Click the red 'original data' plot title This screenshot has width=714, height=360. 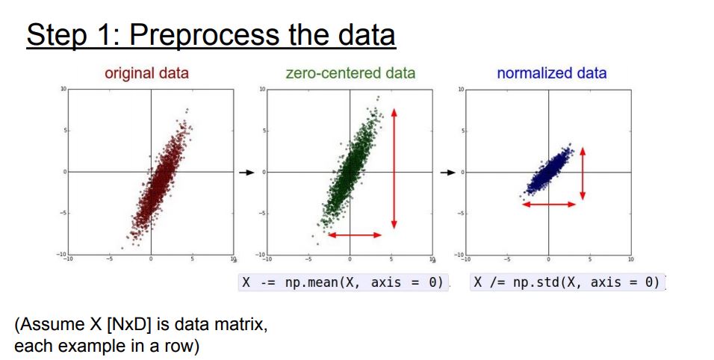coord(146,73)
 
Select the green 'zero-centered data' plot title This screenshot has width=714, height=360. coord(350,73)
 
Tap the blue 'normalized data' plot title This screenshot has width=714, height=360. coord(552,73)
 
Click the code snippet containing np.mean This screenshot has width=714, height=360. coord(342,282)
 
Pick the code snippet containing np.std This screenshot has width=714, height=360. coord(568,282)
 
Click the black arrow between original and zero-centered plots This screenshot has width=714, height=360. coord(246,173)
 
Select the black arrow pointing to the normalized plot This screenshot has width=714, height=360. coord(448,173)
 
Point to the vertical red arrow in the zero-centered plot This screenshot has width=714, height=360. coord(394,168)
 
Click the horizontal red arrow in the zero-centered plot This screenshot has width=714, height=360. coord(355,235)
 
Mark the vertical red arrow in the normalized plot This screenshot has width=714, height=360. coord(583,174)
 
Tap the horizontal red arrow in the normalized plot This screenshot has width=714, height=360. coord(549,205)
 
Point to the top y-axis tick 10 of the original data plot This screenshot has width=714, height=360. coord(63,89)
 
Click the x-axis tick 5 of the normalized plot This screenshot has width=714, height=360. coord(590,259)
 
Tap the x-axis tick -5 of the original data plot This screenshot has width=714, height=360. coord(109,259)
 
